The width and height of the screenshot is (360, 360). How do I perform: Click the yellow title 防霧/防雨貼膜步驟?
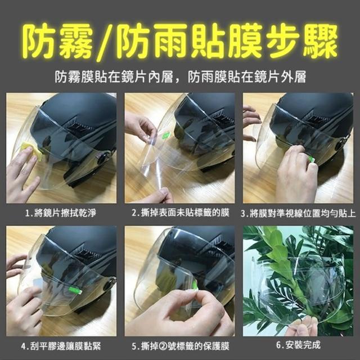coord(181,42)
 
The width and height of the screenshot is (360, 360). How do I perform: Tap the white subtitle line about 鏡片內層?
coord(181,77)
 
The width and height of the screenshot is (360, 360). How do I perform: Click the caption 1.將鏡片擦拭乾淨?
coord(60,213)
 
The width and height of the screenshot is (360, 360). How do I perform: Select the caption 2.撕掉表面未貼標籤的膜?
coord(181,213)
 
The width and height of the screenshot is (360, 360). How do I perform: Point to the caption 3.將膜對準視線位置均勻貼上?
coord(298,213)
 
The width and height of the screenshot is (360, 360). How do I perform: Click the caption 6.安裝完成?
coord(298,345)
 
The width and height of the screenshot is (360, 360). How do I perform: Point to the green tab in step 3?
coord(311,159)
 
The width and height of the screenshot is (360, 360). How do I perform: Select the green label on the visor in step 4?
coord(75,290)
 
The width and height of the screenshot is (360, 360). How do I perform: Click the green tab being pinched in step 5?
coord(195,285)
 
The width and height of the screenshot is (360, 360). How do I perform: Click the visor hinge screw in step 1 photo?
coord(102,159)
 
